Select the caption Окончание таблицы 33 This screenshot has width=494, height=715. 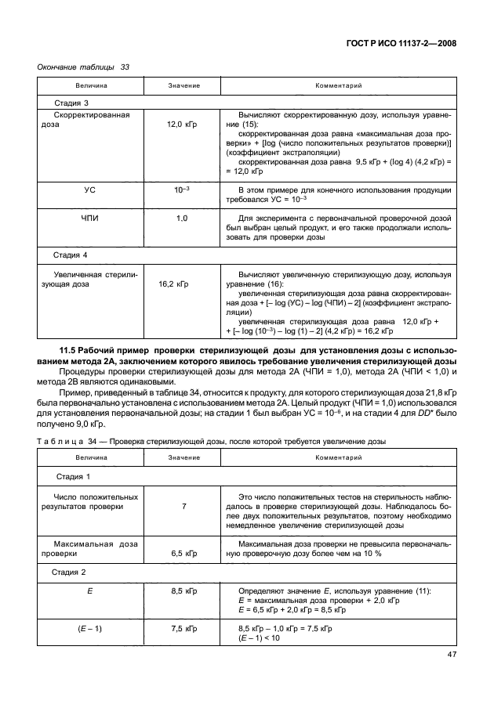coord(83,67)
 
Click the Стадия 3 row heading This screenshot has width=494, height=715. coord(71,103)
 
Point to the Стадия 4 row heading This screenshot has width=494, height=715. coord(71,255)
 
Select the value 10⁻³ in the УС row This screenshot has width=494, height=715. coord(183,190)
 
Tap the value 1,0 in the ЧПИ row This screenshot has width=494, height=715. coord(183,218)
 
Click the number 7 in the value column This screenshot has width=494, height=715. coord(183,507)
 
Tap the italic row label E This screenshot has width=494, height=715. coord(92,590)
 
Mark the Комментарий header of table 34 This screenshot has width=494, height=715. coord(338,457)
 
